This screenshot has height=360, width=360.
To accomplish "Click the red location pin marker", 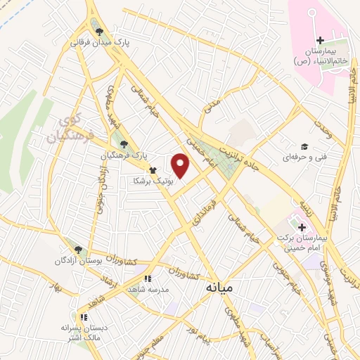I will pyautogui.click(x=181, y=166).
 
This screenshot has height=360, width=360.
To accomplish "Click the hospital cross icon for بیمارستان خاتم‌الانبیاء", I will pyautogui.click(x=320, y=39).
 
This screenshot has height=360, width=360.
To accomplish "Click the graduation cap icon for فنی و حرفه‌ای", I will pyautogui.click(x=304, y=146).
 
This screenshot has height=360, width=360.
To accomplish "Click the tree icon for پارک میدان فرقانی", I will pyautogui.click(x=100, y=31).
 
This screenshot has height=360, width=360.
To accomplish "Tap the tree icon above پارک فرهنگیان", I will pyautogui.click(x=124, y=143).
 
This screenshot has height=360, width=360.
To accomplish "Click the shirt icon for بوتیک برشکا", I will pyautogui.click(x=152, y=169).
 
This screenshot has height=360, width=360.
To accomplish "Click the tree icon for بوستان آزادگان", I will pyautogui.click(x=78, y=249).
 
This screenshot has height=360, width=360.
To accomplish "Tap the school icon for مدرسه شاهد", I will pyautogui.click(x=147, y=278).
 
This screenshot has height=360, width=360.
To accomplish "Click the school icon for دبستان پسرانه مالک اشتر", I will pyautogui.click(x=84, y=316).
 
